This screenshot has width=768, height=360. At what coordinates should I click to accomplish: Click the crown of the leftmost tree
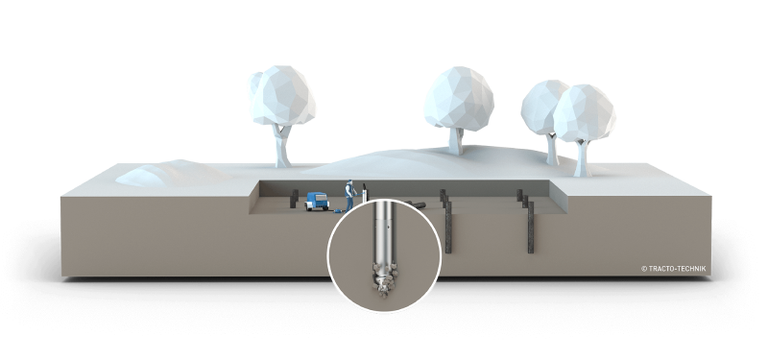pos(281,94)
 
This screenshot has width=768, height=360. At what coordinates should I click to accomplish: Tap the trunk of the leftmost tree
pos(282,146)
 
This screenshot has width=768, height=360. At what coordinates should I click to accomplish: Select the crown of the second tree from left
pos(459,99)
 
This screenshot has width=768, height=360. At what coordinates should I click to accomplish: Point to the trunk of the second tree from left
pos(456,141)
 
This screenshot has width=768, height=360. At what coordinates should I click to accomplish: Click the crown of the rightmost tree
pos(584,113)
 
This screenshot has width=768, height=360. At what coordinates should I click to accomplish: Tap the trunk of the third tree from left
pos(552,150)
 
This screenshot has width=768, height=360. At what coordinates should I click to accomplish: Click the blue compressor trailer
pos(317,201)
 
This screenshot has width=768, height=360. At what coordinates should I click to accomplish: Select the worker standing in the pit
pos(349,196)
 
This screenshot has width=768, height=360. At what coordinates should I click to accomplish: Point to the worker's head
pos(349,182)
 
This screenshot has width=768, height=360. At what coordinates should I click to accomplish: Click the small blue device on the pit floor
pos(337,210)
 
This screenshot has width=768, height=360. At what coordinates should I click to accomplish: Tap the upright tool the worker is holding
pos(365,192)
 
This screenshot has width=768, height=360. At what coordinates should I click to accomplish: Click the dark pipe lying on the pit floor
pos(415,204)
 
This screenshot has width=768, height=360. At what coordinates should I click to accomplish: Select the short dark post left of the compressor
pos(294,199)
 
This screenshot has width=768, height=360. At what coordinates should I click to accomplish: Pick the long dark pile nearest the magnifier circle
pos(448,227)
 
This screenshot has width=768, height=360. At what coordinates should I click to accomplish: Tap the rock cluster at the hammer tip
pos(383,280)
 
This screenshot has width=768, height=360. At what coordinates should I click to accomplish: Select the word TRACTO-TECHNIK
pos(677,269)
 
